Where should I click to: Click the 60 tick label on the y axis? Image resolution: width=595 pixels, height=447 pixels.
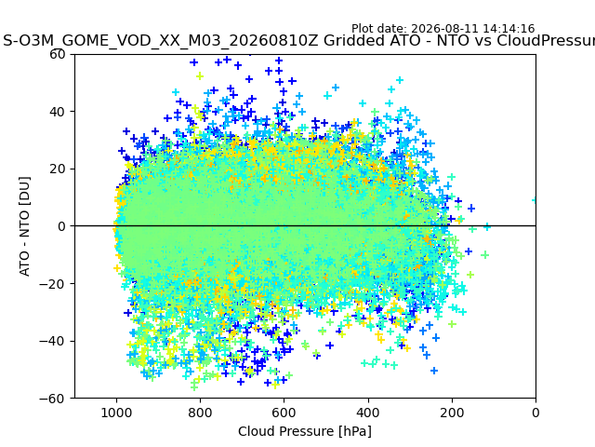click(x=58, y=54)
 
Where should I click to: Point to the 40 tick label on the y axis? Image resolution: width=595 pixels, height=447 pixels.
click(x=58, y=112)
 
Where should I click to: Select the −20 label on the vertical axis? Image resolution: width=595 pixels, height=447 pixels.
click(x=52, y=283)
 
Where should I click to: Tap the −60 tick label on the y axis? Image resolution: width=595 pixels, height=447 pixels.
click(x=52, y=399)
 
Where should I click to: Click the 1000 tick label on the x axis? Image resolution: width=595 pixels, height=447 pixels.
click(x=116, y=413)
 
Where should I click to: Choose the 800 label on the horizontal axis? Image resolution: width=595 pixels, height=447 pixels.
click(x=201, y=413)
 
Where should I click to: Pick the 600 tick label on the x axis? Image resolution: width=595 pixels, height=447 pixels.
click(x=284, y=413)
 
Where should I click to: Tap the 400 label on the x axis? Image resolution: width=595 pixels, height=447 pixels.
click(x=368, y=413)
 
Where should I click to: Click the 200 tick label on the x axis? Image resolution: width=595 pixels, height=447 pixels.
click(x=452, y=413)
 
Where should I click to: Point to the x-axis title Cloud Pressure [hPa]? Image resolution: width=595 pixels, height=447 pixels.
click(x=305, y=431)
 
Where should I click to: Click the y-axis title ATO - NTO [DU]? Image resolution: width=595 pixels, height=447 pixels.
click(x=24, y=226)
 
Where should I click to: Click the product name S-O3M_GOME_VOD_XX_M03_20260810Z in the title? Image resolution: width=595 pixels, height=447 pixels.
click(x=161, y=41)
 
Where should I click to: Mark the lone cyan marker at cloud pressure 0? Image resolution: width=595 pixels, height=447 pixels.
click(x=535, y=200)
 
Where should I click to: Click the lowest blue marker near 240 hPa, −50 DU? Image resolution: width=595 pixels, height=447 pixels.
click(x=434, y=371)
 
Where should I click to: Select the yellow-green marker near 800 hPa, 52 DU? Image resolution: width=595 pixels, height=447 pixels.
click(x=200, y=76)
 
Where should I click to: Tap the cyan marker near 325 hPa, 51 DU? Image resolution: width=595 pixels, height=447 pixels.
click(x=400, y=80)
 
